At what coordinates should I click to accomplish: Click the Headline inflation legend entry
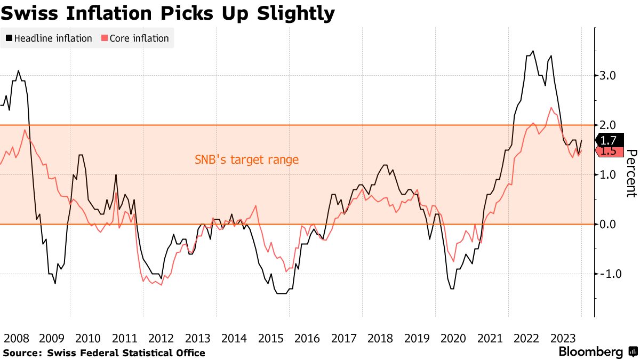tap(49, 38)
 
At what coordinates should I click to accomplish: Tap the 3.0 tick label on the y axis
tap(609, 76)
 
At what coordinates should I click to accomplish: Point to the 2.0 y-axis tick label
tap(609, 125)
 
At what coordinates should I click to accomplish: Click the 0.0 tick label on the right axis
tap(609, 224)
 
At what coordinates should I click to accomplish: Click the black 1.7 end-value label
tap(609, 141)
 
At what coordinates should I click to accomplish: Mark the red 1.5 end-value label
tap(609, 151)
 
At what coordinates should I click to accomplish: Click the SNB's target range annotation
tap(246, 159)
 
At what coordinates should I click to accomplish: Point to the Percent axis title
tap(631, 173)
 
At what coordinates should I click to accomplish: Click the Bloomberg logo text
tap(590, 352)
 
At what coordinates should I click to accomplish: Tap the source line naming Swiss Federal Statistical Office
tap(104, 353)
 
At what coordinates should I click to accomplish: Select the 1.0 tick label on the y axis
tap(609, 175)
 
